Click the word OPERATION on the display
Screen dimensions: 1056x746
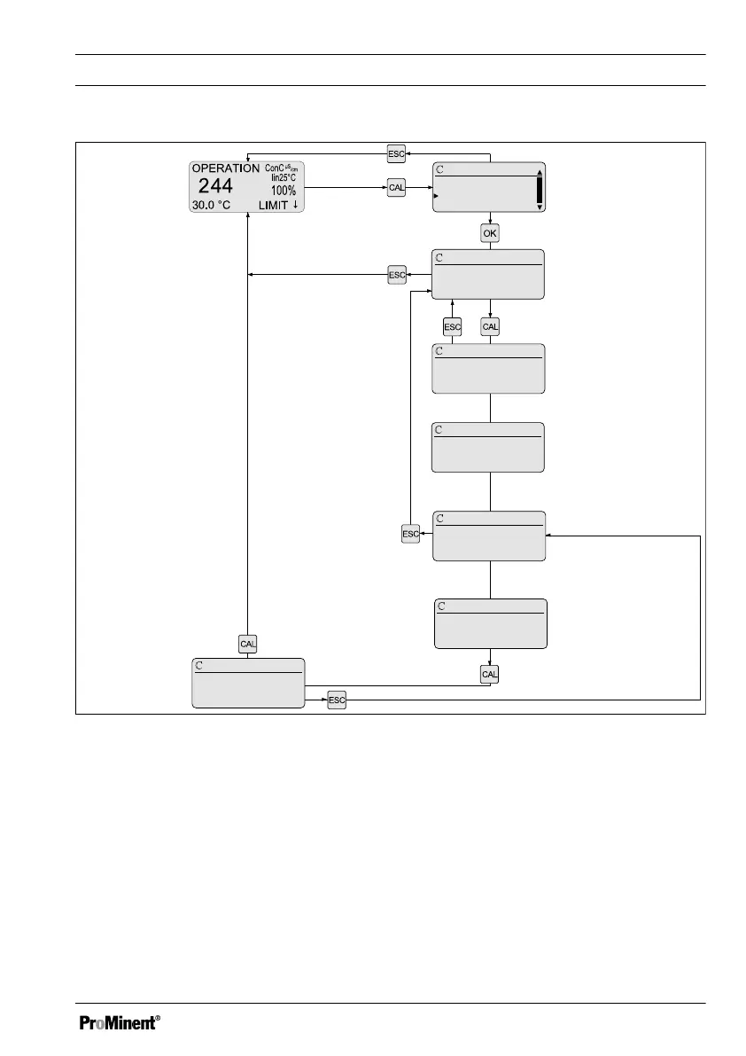coord(226,168)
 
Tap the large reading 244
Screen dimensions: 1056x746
coord(215,186)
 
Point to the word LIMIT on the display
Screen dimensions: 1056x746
coord(273,205)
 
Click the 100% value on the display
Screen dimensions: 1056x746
coord(284,191)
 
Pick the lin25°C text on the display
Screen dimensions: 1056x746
coord(284,177)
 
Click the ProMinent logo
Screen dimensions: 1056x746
coord(120,1022)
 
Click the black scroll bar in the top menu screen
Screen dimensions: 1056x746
coord(540,190)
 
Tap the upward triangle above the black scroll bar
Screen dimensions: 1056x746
coord(540,173)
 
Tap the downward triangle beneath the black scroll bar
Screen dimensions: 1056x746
coord(540,207)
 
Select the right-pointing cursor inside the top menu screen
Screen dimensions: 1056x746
coord(436,195)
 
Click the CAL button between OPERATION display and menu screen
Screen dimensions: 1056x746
coord(396,188)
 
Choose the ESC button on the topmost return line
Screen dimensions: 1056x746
coord(396,153)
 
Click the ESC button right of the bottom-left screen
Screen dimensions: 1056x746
coord(336,700)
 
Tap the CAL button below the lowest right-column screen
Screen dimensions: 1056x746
coord(490,675)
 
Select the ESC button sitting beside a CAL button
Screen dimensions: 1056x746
coord(452,327)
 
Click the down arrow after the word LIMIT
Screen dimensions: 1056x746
coord(295,205)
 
